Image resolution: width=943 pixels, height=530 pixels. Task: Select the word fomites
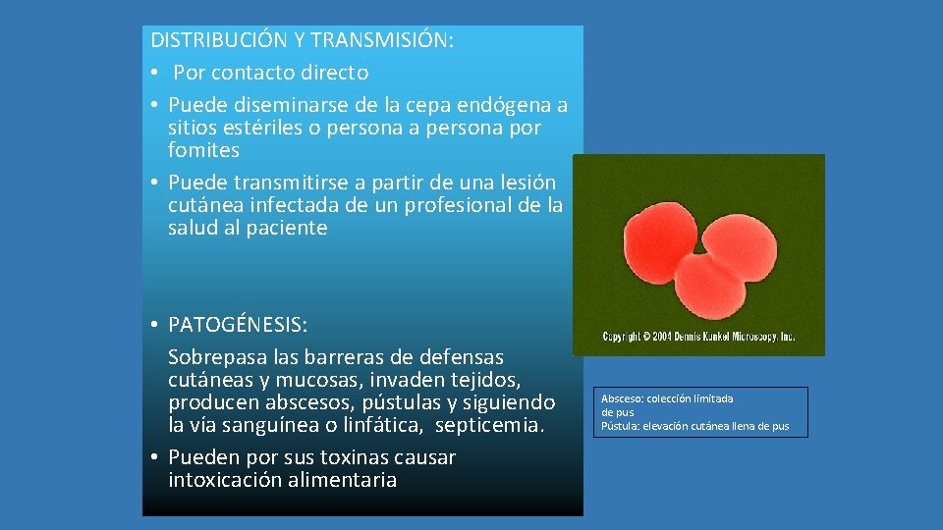tap(203, 150)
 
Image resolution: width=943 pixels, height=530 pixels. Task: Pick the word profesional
tap(476, 205)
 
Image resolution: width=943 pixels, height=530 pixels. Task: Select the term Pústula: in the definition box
tap(620, 426)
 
